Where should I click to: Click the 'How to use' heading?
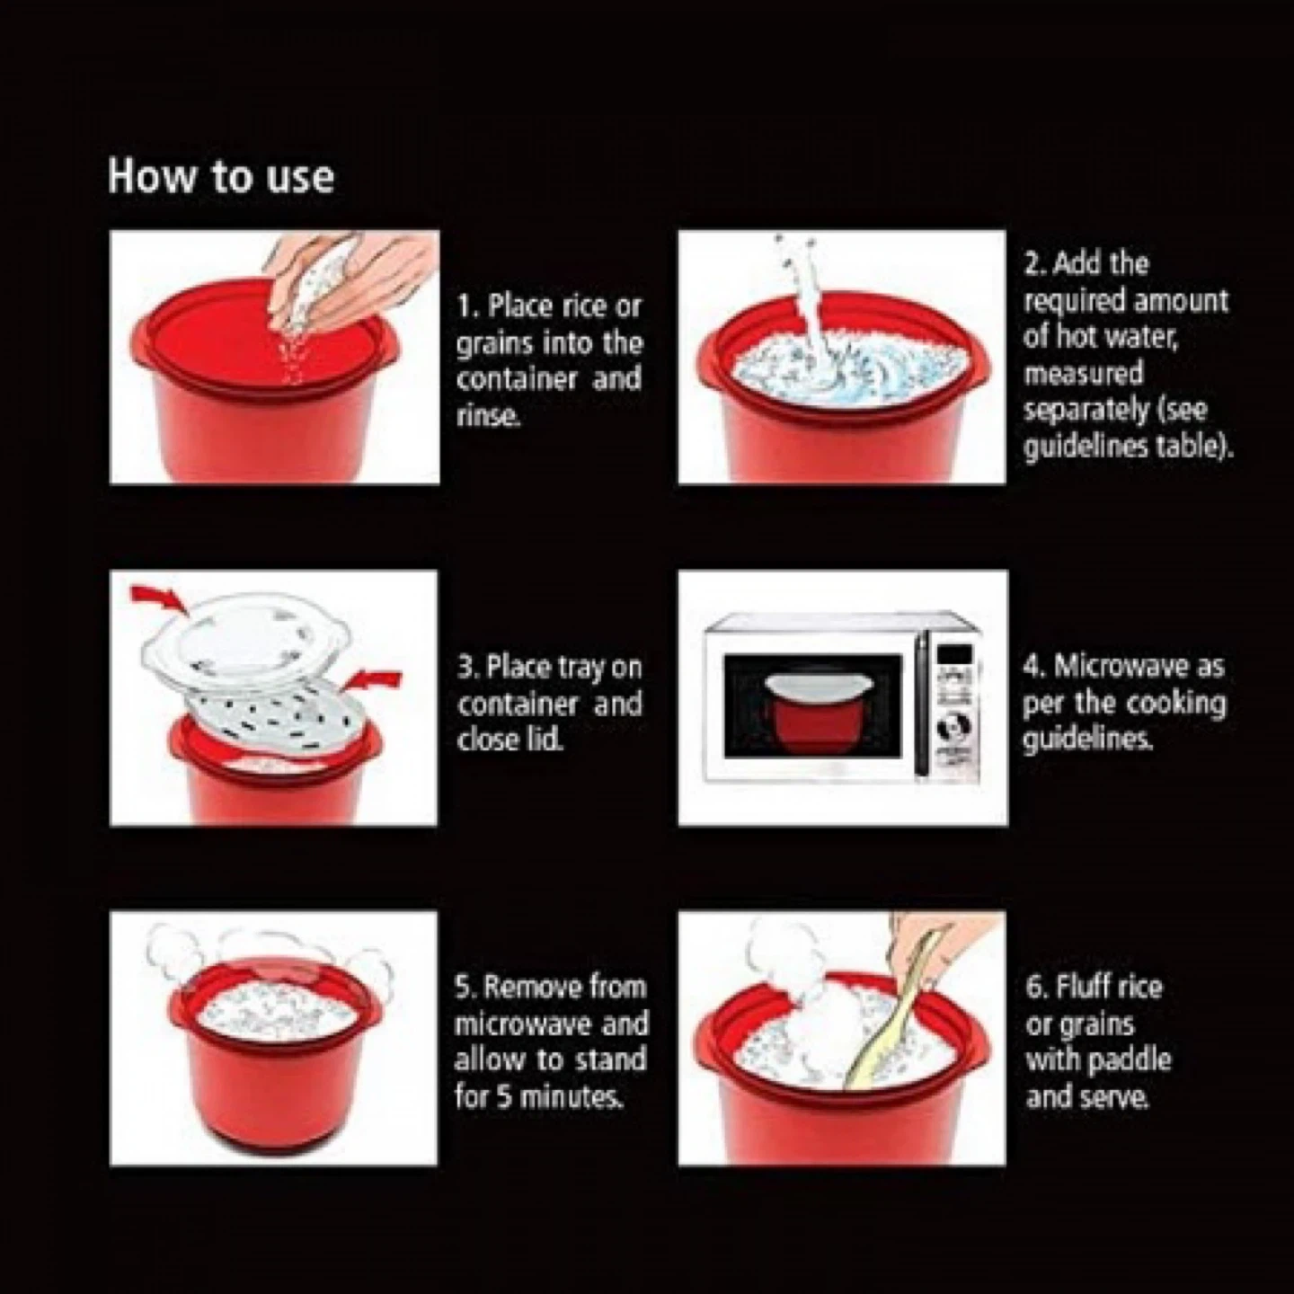click(221, 178)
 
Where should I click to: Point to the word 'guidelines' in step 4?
click(1088, 740)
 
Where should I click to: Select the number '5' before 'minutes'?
click(503, 1096)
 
